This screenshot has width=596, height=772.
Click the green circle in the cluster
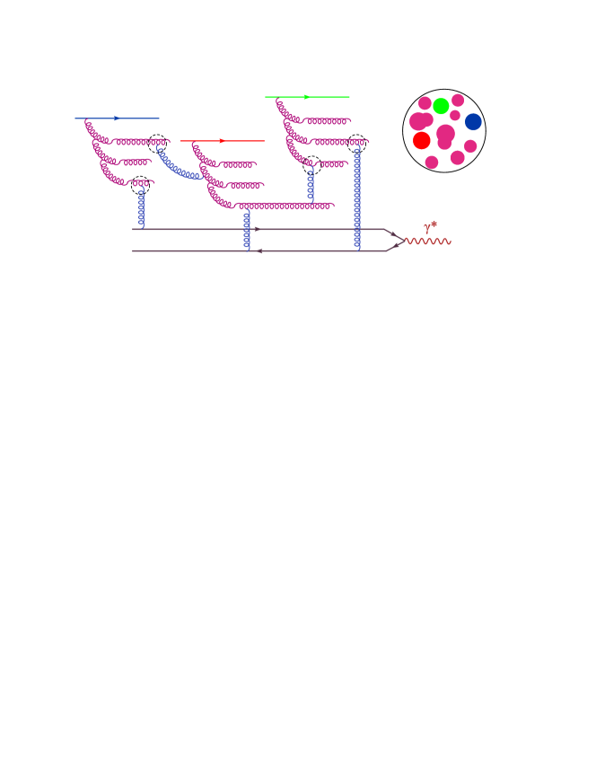pyautogui.click(x=441, y=106)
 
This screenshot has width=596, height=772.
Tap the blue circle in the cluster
pyautogui.click(x=473, y=122)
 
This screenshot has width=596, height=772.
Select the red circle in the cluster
pyautogui.click(x=422, y=141)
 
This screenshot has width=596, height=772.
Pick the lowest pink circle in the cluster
pyautogui.click(x=432, y=162)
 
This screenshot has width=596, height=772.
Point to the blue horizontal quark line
pyautogui.click(x=94, y=118)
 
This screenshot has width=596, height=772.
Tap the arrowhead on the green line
pyautogui.click(x=306, y=97)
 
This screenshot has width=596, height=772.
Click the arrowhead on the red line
pyautogui.click(x=222, y=141)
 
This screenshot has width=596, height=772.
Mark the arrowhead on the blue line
pyautogui.click(x=117, y=118)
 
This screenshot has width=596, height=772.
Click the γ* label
pyautogui.click(x=430, y=227)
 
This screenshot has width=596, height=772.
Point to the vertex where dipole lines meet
pyautogui.click(x=401, y=241)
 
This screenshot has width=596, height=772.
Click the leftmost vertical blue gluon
pyautogui.click(x=141, y=207)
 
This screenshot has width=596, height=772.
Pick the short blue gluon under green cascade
pyautogui.click(x=311, y=184)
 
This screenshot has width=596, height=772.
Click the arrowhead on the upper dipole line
pyautogui.click(x=257, y=229)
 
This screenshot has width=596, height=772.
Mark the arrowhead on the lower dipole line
pyautogui.click(x=259, y=251)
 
